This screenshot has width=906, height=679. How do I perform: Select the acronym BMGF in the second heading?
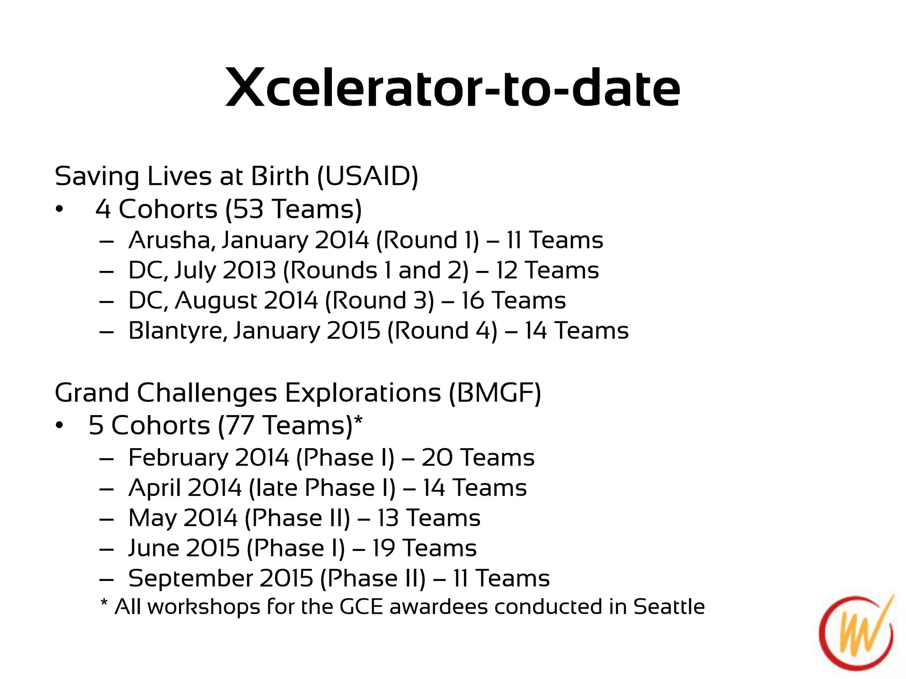[495, 393]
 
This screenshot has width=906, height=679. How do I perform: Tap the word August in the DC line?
[216, 301]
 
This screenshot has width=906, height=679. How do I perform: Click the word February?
[178, 458]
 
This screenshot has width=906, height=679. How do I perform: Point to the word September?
[190, 579]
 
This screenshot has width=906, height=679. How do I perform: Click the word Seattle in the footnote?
[669, 607]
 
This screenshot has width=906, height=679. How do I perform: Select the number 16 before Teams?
[473, 301]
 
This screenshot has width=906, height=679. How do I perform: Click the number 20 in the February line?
[437, 458]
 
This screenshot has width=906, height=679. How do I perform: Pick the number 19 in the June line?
[383, 549]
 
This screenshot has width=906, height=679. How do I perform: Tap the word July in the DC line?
[195, 271]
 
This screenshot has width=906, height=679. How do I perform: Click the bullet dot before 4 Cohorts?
[60, 210]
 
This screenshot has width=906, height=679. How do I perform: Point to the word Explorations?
[363, 393]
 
